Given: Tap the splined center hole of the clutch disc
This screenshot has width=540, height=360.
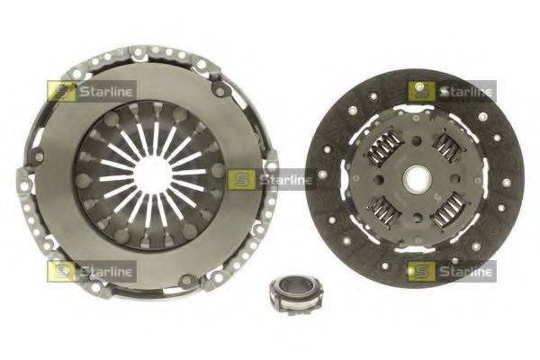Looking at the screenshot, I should click(417, 179).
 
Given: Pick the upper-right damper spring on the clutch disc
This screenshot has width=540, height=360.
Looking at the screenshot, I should click(446, 147).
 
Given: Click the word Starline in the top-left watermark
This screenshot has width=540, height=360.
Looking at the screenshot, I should click(105, 91).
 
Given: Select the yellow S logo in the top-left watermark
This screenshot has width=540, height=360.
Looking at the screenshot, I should click(62, 91).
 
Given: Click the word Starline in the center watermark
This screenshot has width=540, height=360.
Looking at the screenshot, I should click(285, 180).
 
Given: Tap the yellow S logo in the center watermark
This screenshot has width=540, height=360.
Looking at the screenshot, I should click(242, 180).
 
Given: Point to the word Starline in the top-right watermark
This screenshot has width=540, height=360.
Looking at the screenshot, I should click(465, 91).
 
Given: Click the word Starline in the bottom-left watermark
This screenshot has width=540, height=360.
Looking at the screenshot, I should click(105, 271).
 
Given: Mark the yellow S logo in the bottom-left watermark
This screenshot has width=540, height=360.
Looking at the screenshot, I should click(62, 271).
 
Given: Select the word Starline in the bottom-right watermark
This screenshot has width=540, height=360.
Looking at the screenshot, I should click(465, 271).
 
